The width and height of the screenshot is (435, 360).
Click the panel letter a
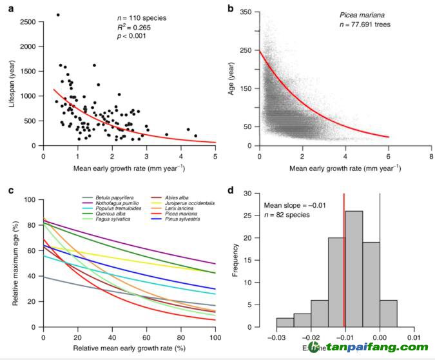click(x=11, y=8)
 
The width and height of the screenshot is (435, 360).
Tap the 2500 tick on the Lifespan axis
click(x=29, y=22)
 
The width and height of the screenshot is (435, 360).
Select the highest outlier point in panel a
click(x=58, y=15)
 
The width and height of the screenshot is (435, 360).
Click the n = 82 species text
click(x=290, y=215)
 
